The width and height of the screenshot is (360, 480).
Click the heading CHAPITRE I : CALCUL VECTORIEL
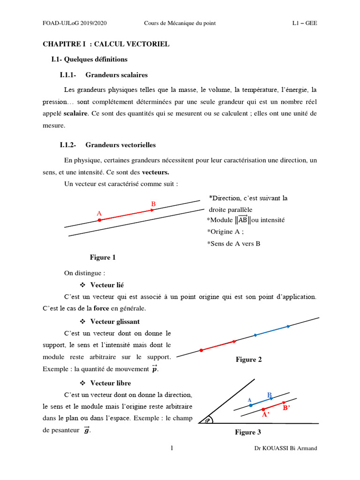106,44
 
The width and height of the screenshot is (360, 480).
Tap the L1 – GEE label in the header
304,23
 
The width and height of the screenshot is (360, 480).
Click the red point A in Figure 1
99,220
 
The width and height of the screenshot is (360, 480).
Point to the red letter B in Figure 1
153,204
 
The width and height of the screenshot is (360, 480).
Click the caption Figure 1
103,257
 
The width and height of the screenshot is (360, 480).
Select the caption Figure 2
248,360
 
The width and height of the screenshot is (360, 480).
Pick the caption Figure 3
248,432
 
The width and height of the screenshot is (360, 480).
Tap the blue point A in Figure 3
251,405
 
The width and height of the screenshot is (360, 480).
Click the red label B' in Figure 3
286,408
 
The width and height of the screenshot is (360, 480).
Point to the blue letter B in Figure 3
270,395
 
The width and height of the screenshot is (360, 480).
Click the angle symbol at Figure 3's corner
207,420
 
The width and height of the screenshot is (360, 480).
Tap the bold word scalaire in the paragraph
75,113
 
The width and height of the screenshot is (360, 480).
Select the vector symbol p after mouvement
155,369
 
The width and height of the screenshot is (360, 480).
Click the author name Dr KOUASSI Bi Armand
285,448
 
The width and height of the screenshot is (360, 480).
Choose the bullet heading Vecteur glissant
115,322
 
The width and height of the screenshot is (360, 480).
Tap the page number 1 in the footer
172,448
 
